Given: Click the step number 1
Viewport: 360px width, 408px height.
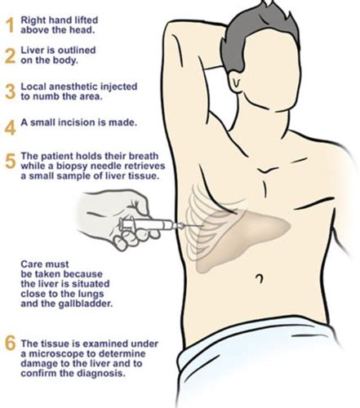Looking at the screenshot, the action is click(10, 26).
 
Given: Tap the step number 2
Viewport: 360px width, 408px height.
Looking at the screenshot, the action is click(10, 56).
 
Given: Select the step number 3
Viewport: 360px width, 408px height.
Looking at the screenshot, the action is click(11, 91).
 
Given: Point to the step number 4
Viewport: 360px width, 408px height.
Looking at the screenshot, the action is click(11, 127).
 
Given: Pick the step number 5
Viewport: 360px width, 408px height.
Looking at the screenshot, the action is click(11, 161).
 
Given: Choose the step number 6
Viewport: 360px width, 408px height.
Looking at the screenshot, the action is click(11, 344).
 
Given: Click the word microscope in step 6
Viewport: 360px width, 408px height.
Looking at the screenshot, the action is click(64, 354).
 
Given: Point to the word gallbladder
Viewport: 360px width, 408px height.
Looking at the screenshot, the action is click(86, 304).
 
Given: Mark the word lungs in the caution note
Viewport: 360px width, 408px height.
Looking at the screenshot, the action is click(90, 295).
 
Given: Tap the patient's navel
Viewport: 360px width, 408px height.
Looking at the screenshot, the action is click(260, 278).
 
